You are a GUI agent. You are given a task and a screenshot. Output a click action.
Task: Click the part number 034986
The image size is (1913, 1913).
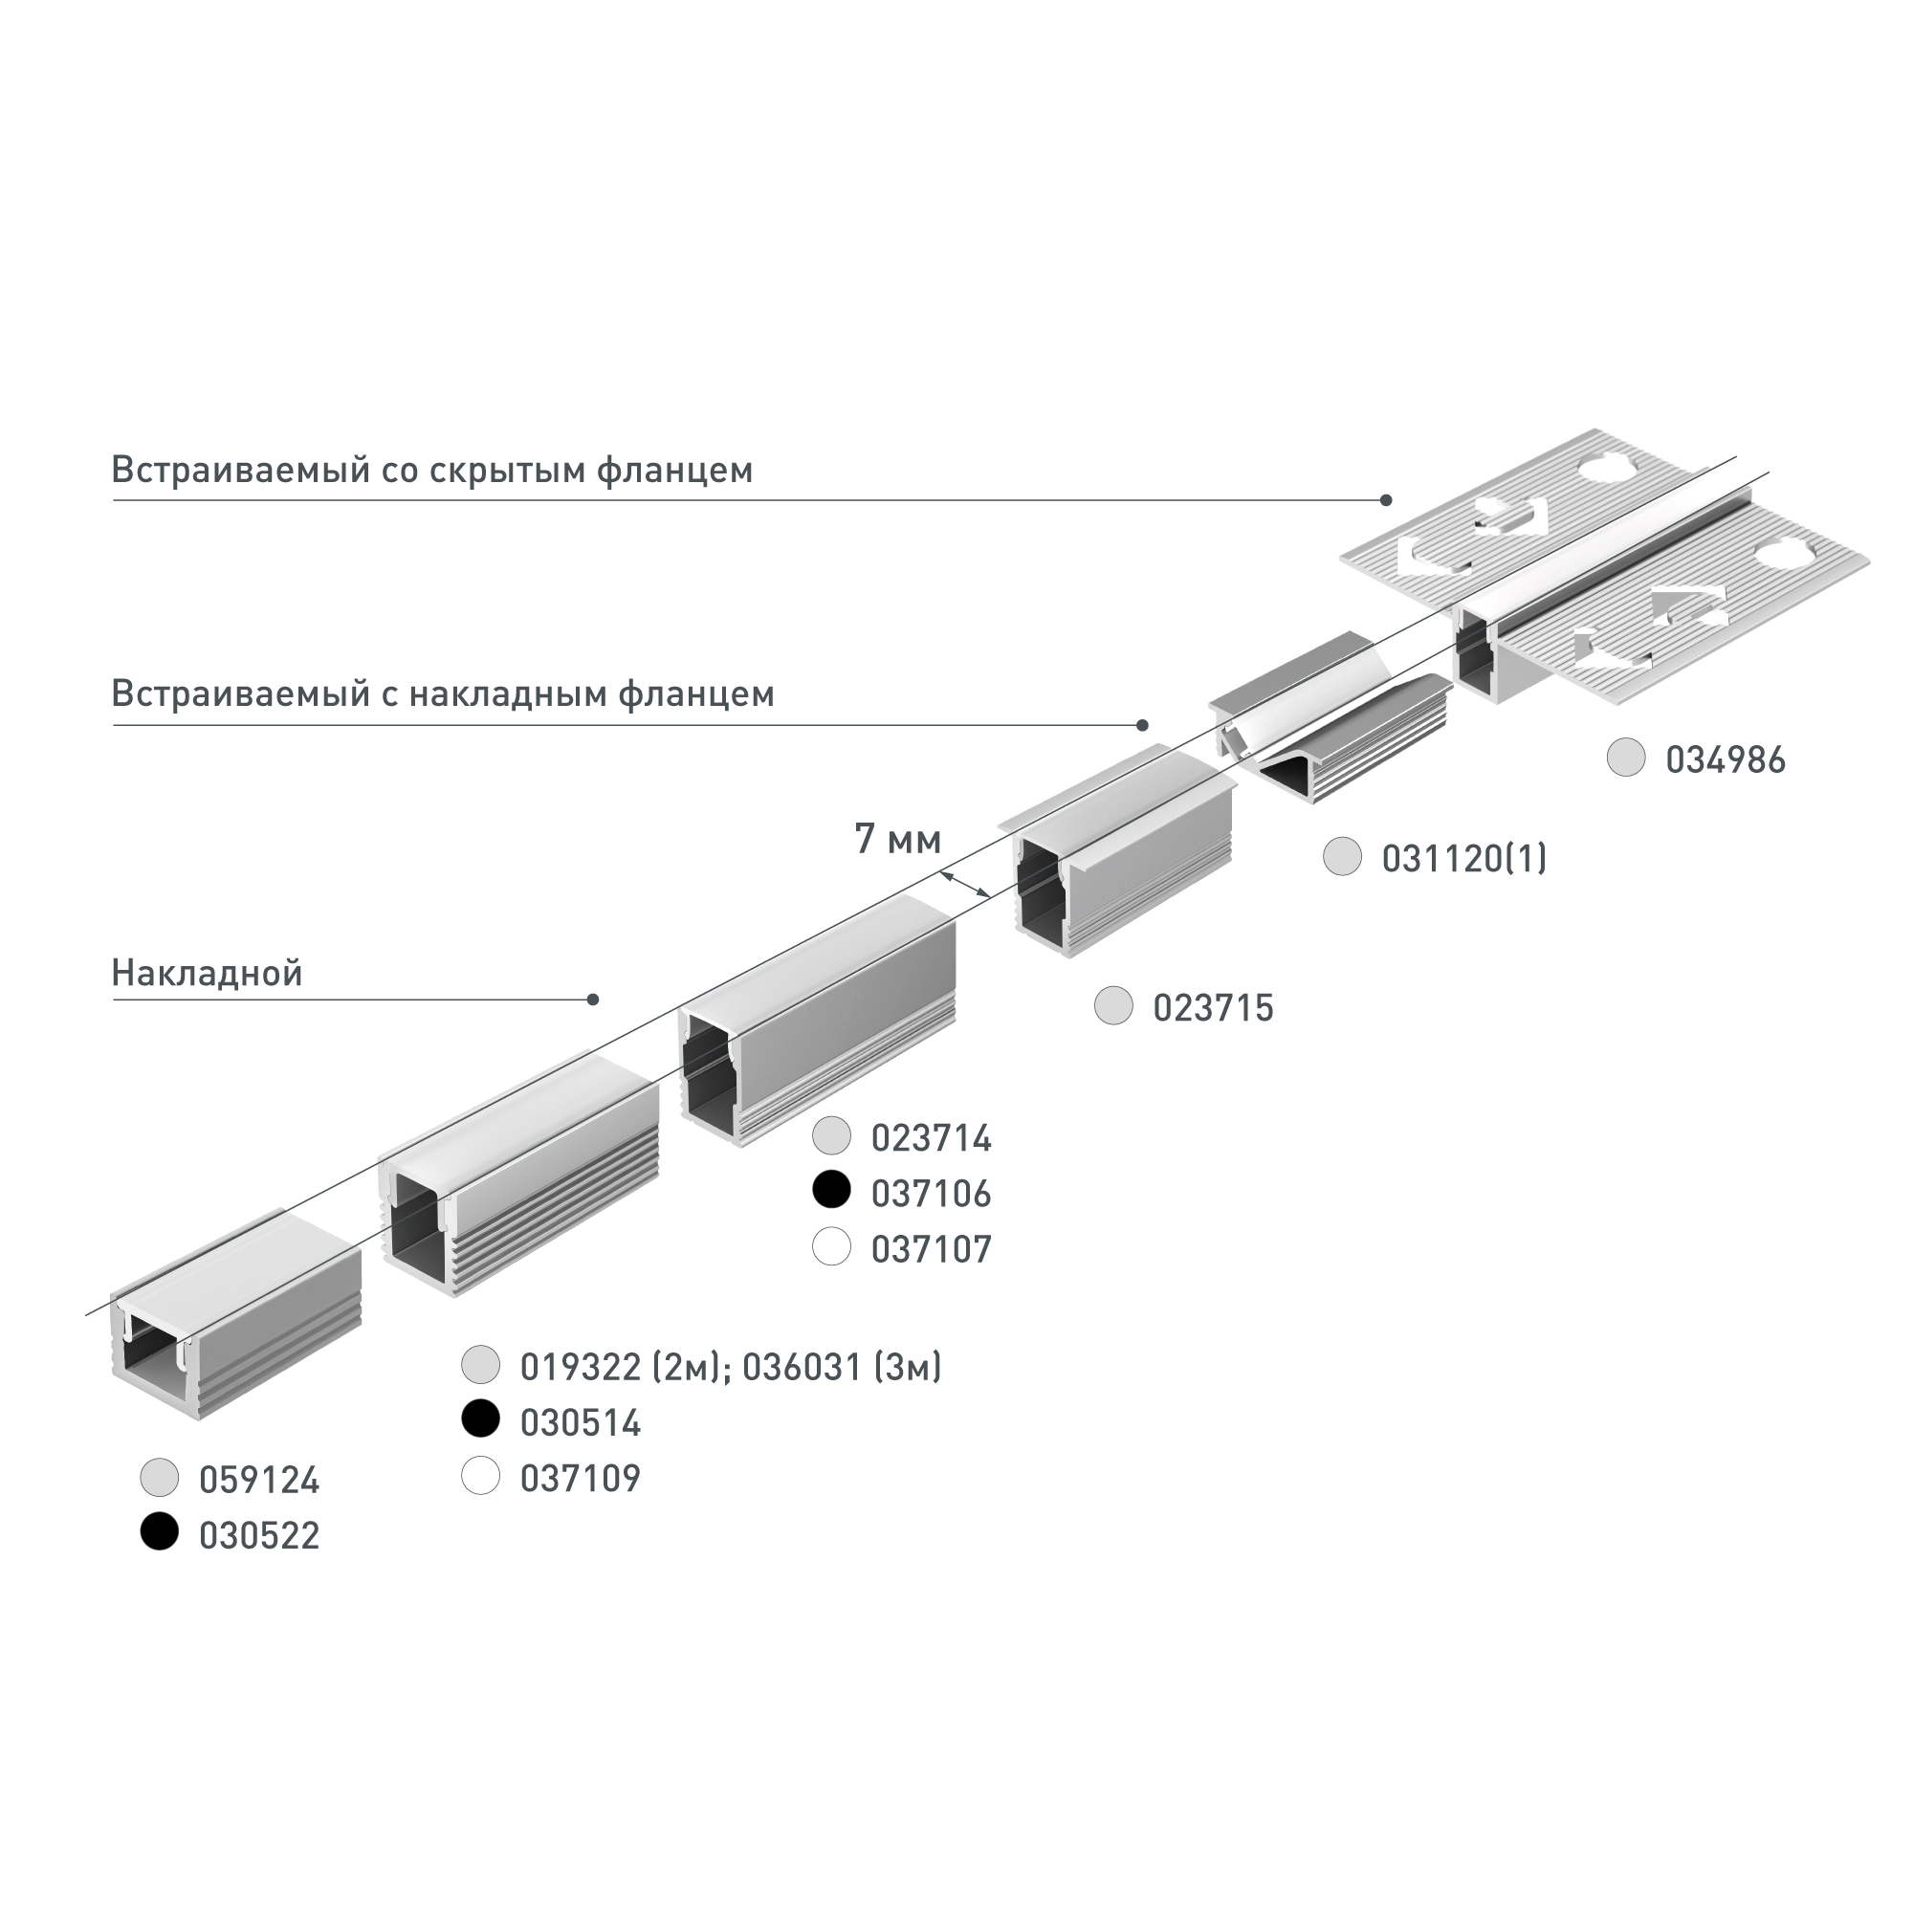[x=1725, y=760]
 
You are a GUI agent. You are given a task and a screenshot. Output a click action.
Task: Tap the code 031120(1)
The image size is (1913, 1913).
[x=1463, y=859]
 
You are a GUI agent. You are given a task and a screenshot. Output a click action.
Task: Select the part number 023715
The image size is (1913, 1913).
[x=1213, y=1008]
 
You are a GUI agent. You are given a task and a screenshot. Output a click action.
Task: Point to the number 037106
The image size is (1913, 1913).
[x=931, y=1194]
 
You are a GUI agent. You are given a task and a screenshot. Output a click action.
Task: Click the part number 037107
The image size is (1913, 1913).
[x=931, y=1249]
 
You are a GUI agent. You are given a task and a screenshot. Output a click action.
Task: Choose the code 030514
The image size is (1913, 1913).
[x=581, y=1423]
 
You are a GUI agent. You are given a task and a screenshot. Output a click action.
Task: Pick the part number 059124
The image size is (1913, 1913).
[x=259, y=1481]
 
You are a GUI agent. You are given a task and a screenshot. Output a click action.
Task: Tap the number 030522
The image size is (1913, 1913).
[x=259, y=1536]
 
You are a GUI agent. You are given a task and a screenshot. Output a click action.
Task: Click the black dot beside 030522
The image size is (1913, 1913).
[x=160, y=1531]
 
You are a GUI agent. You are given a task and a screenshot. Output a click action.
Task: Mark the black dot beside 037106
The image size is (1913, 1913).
[x=832, y=1189]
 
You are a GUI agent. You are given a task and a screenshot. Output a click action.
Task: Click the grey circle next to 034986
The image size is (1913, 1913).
[x=1626, y=758]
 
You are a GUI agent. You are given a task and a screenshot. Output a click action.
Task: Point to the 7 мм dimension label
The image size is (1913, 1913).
[x=897, y=840]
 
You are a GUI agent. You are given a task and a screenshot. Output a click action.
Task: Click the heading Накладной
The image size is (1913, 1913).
[x=207, y=974]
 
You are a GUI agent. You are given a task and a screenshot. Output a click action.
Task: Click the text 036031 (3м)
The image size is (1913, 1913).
[x=842, y=1368]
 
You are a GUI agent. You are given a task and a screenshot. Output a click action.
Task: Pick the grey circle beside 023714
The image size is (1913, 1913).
[x=832, y=1135]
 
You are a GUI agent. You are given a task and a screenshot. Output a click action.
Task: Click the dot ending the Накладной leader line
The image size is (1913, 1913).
[x=593, y=1000]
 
